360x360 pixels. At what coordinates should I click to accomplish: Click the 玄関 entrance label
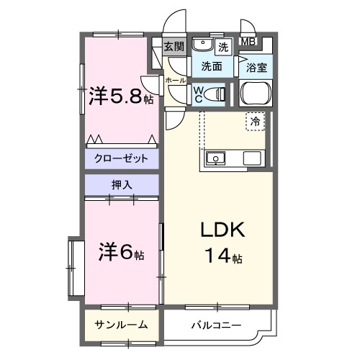pos(174,48)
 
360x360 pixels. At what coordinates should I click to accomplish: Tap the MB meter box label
pos(248,42)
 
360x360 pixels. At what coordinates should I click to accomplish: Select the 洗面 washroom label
pos(211,67)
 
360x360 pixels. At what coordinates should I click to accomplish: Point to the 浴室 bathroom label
pos(257,68)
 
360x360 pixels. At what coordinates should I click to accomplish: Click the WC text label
pos(198,94)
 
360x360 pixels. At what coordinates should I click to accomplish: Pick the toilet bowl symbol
pos(216,93)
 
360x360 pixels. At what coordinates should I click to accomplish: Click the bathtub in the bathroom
pos(256,94)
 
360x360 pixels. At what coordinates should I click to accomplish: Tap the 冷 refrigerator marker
pos(256,122)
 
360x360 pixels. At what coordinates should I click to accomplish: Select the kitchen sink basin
pos(215,158)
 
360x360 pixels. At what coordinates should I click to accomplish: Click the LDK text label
pos(223,230)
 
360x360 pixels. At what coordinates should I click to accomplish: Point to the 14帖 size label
pos(223,255)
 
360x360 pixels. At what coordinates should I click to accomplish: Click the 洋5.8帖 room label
pos(121,96)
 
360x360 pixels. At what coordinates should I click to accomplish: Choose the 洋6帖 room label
pos(121,253)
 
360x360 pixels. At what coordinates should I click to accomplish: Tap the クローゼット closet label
pos(121,158)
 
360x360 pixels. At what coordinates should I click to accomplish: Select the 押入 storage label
pos(121,185)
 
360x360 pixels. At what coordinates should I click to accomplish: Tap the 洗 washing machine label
pos(224,48)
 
